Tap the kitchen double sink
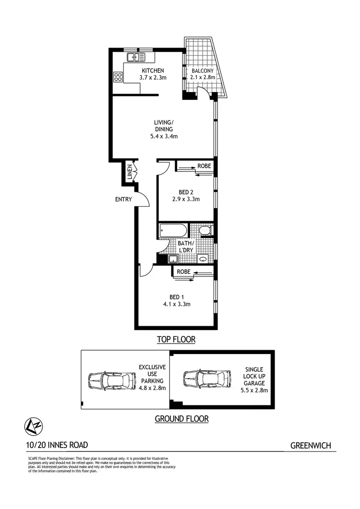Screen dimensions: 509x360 [136, 58]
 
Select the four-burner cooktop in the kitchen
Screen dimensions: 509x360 [118, 77]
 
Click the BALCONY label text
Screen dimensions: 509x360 [203, 71]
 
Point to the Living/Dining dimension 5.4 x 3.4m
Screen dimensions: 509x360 [164, 136]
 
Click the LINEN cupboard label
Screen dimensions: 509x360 [130, 172]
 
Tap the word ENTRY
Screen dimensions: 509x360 [123, 199]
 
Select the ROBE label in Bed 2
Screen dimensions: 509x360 [204, 166]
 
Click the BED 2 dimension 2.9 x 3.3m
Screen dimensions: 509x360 [185, 199]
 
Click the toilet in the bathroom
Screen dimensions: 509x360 [205, 231]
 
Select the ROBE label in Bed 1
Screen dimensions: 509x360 [183, 272]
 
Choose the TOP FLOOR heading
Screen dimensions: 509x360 [176, 340]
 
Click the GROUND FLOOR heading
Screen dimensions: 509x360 [181, 419]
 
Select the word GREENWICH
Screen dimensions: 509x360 [311, 446]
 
